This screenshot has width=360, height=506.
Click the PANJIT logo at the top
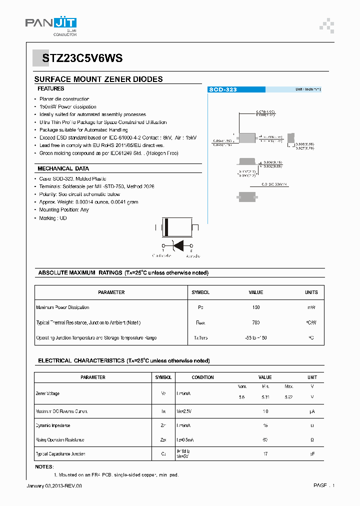click(x=50, y=24)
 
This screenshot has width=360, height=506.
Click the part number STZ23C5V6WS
click(x=78, y=58)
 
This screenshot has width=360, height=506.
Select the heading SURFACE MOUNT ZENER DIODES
click(x=98, y=79)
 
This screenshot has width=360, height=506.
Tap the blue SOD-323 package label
click(x=223, y=89)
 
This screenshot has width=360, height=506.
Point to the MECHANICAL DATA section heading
click(x=63, y=168)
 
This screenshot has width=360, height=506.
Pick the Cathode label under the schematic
click(x=161, y=255)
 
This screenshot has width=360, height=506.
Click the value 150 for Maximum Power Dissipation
click(x=256, y=307)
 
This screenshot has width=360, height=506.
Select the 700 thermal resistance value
click(x=256, y=322)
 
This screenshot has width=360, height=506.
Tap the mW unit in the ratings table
click(x=311, y=307)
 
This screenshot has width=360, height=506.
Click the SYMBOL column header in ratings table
click(x=200, y=292)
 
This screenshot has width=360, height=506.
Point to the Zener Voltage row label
click(x=48, y=393)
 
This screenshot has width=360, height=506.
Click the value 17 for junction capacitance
click(x=265, y=454)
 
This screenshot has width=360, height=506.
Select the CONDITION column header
click(x=202, y=377)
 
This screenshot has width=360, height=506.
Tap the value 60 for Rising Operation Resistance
click(x=265, y=440)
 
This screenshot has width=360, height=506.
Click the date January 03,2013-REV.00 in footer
click(x=53, y=485)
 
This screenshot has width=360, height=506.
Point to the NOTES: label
click(x=44, y=466)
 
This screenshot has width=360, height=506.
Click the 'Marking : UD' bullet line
click(x=53, y=218)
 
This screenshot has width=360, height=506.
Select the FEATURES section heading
click(x=51, y=88)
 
